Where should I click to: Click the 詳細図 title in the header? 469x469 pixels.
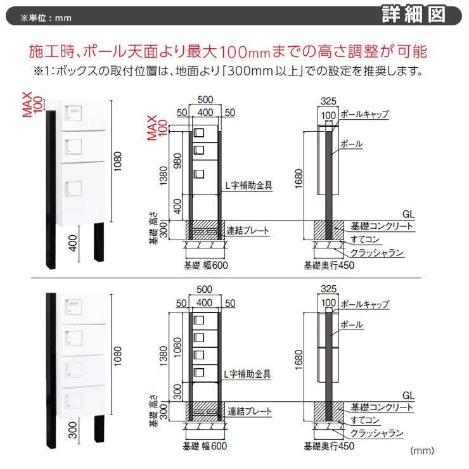413,15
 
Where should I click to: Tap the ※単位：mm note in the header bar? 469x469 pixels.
46,18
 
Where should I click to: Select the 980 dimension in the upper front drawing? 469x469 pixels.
177,160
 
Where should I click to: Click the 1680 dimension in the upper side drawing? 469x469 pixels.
299,179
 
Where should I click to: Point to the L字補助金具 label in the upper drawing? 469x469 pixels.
248,186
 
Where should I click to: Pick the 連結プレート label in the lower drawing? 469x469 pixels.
250,411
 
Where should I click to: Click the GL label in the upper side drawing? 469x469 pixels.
408,214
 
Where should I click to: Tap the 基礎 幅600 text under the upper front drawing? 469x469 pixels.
206,266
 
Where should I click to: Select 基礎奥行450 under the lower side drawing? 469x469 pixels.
329,446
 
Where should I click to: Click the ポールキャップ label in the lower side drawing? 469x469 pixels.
364,304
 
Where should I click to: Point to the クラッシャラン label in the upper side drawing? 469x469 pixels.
377,253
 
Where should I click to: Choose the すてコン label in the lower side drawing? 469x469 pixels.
365,420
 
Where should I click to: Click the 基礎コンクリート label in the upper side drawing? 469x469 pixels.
382,226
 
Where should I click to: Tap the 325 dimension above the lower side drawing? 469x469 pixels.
328,288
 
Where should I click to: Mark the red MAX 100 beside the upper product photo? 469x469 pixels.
32,105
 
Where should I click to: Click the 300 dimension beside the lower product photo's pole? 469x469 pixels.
73,430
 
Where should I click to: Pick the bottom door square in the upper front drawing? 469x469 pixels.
199,174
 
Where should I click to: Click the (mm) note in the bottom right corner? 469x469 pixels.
422,451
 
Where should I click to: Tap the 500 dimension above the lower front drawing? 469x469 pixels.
204,289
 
